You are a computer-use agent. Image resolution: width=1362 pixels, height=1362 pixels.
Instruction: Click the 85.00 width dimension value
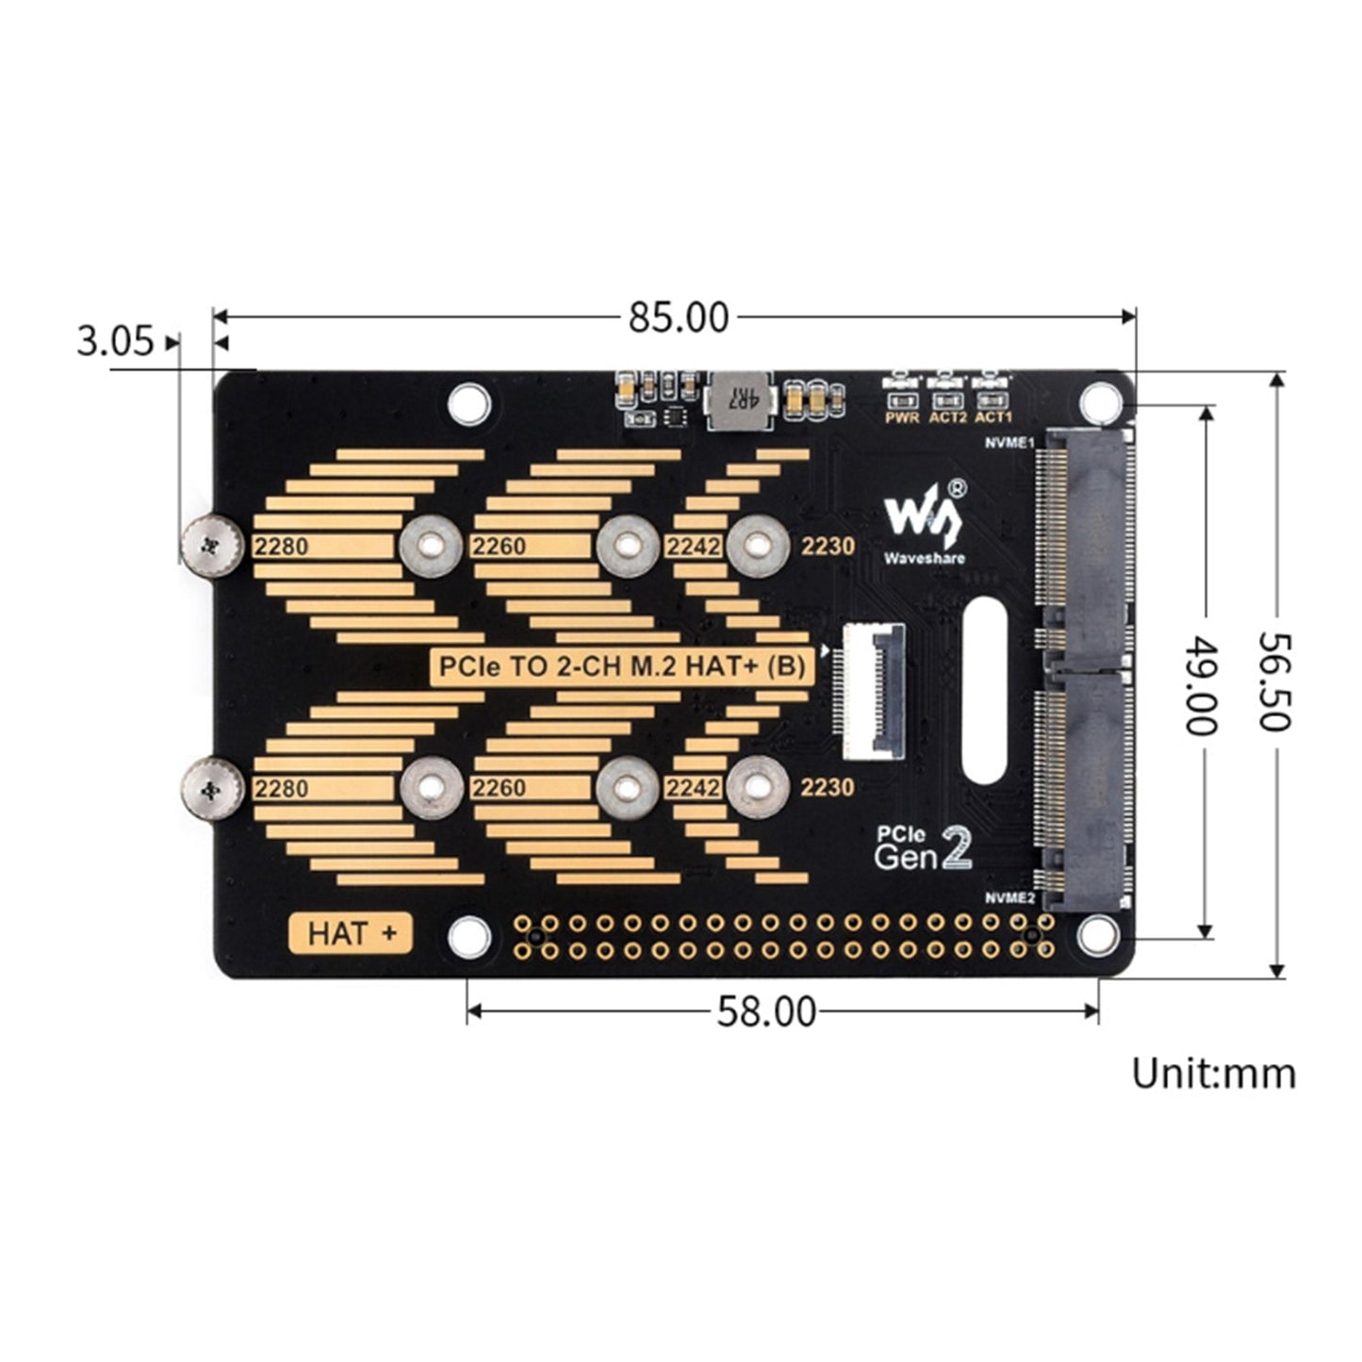pos(679,319)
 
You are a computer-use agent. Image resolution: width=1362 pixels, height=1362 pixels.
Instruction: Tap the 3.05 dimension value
pos(114,340)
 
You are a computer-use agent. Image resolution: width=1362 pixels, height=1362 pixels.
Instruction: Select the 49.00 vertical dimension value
pos(1202,685)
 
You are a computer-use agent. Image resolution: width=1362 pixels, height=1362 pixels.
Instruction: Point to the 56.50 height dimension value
pos(1273,681)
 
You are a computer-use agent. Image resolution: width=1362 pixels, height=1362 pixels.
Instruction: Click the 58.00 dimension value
pos(766,1011)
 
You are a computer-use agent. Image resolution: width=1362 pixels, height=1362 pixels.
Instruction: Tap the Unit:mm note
pos(1213,1074)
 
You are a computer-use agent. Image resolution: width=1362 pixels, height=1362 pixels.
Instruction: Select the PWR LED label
pos(902,417)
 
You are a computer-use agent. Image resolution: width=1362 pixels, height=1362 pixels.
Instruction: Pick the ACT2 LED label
pos(947,417)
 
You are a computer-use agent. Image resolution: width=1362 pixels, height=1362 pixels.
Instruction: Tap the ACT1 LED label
pos(993,417)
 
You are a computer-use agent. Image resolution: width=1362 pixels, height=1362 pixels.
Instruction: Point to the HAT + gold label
pos(351,933)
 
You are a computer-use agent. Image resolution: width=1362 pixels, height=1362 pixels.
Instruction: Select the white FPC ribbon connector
pos(874,692)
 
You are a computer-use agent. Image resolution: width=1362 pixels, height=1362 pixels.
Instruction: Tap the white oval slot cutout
pos(985,690)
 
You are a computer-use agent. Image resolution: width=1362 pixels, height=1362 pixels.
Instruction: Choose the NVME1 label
pos(1008,443)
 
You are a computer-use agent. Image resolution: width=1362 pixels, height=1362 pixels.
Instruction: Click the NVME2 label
pos(1009,898)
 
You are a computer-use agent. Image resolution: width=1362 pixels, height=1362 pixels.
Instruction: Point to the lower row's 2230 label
pos(827,787)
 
